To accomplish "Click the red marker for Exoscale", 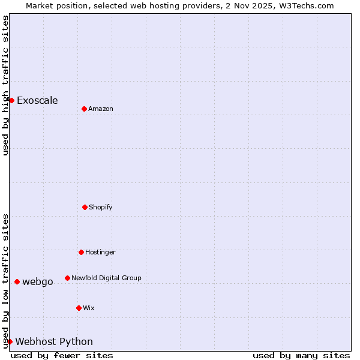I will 11,100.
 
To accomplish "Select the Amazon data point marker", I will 84,109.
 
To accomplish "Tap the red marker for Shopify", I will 85,207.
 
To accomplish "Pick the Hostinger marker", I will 81,252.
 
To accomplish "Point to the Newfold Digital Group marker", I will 67,278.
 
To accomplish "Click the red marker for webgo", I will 17,281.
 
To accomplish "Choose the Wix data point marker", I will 79,308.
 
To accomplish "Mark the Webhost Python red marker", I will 10,341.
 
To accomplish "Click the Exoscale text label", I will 37,100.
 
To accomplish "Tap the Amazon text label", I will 101,109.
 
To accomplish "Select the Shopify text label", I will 101,207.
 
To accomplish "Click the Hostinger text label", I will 100,252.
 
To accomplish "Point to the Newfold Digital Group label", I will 106,278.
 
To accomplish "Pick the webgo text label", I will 38,281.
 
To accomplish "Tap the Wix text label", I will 89,308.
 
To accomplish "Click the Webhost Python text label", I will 54,341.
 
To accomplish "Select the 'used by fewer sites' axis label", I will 62,355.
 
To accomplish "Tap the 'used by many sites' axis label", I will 301,355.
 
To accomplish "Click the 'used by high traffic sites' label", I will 5,85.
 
